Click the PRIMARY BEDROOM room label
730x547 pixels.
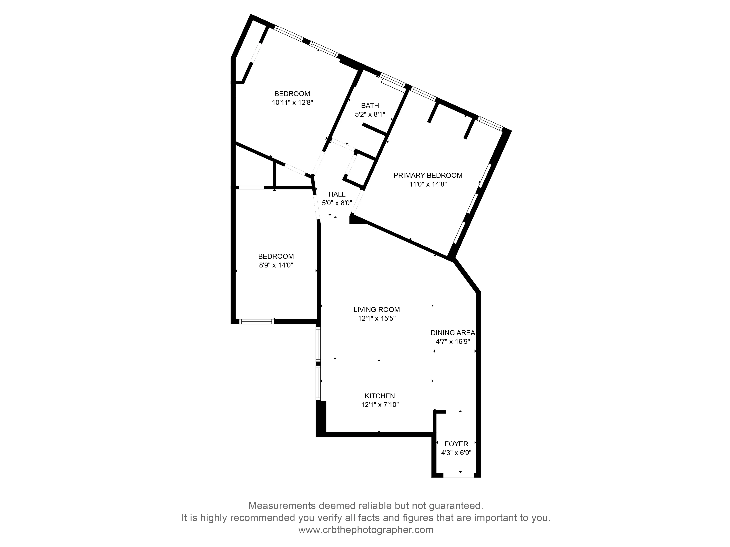point(428,175)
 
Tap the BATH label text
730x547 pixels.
point(370,106)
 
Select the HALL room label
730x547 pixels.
point(337,194)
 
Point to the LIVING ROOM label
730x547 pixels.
point(376,310)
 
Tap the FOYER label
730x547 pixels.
point(456,444)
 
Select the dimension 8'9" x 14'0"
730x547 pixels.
point(276,265)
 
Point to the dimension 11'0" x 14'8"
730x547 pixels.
point(428,184)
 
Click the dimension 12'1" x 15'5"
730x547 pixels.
point(376,319)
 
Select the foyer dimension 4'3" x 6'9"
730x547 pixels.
point(456,453)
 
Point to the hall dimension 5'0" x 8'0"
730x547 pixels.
point(337,203)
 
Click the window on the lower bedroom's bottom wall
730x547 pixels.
point(256,321)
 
